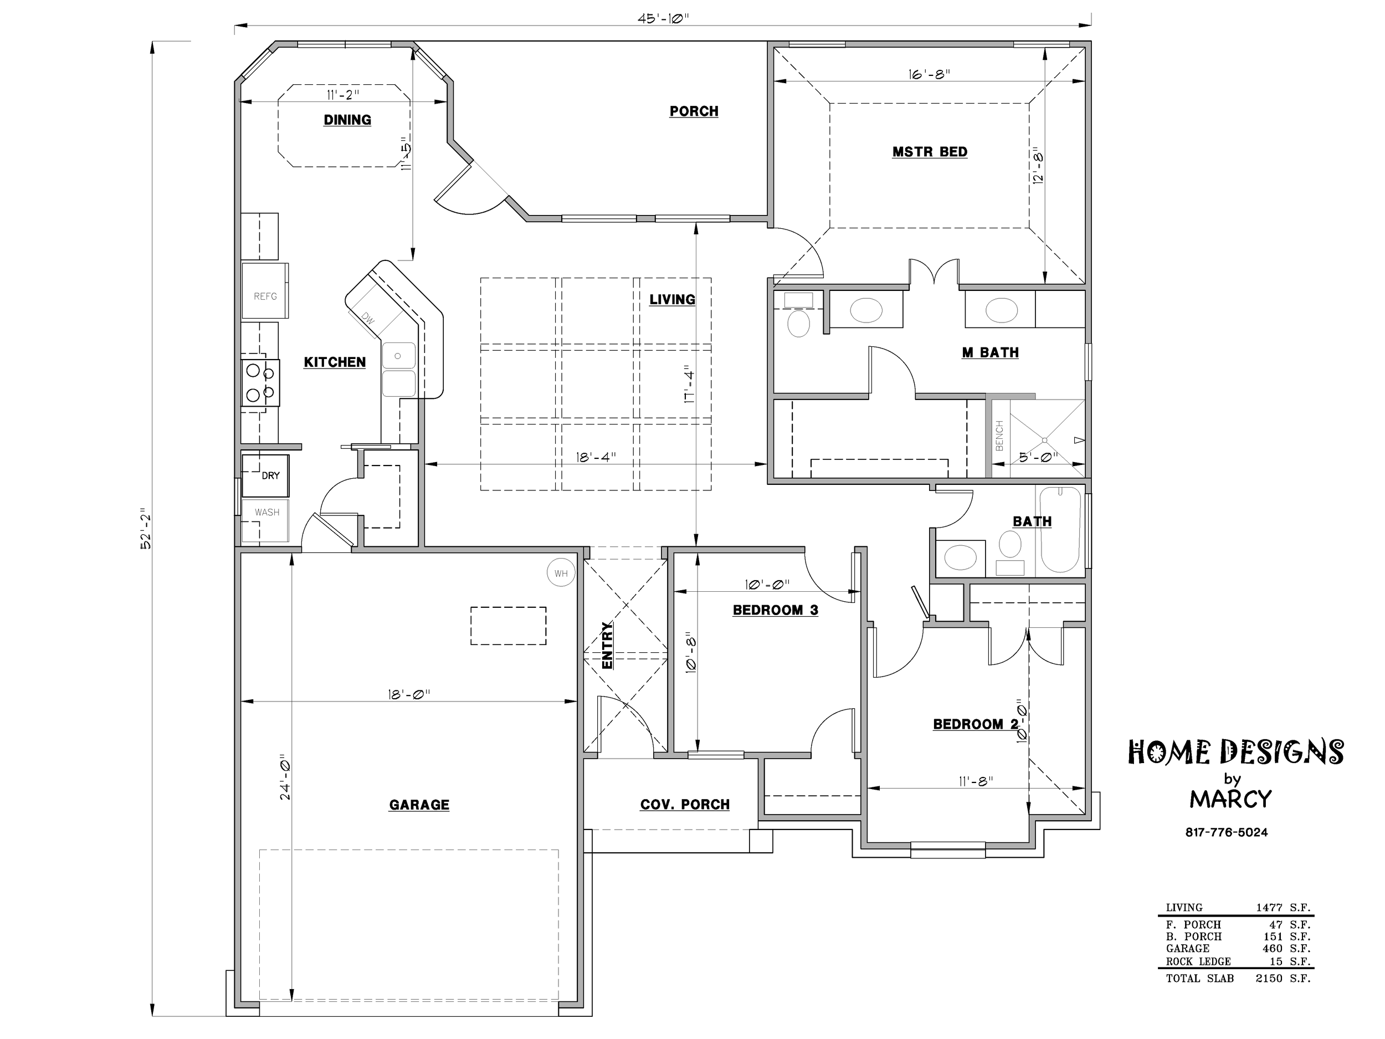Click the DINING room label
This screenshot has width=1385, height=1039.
coord(347,120)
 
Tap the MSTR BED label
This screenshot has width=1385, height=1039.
coord(930,152)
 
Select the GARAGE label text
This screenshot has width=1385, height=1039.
coord(419,805)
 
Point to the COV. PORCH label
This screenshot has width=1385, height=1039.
coord(684,804)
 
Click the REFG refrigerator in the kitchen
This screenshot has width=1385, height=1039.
coord(265,290)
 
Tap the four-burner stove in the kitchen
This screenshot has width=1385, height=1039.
coord(260,383)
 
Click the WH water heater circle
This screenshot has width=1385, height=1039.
coord(561,572)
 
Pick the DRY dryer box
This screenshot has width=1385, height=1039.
coord(265,475)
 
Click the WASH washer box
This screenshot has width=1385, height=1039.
coord(265,520)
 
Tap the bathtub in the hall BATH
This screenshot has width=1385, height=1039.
coord(1060,530)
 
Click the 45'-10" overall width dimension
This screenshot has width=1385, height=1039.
coord(663,18)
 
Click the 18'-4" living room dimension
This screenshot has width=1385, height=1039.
coord(596,457)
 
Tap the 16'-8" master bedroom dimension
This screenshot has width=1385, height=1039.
coord(929,74)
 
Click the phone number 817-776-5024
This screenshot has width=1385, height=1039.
coord(1226,832)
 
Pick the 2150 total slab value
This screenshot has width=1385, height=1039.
coord(1269,978)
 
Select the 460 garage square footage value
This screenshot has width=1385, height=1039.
coord(1273,948)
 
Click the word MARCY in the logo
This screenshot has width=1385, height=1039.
coord(1230,799)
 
